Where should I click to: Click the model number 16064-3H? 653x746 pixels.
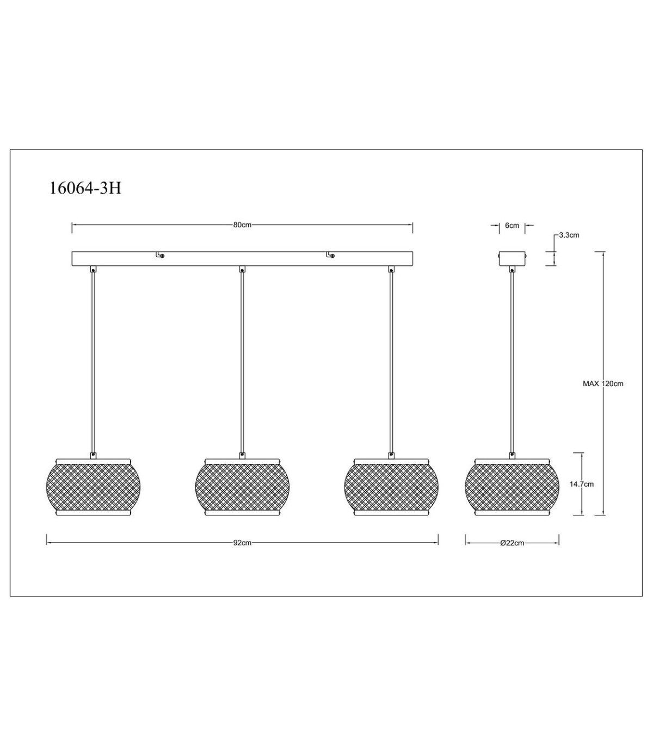[85, 189]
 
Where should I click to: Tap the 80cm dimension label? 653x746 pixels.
[242, 225]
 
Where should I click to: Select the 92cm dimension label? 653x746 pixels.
[242, 543]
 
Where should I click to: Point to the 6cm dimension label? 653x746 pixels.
[512, 225]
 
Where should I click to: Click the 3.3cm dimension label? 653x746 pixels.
[569, 235]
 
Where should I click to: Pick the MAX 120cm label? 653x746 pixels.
[603, 383]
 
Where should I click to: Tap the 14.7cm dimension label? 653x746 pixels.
[582, 484]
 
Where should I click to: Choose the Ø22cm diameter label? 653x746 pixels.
[512, 543]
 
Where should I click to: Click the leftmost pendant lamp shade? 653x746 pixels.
[94, 487]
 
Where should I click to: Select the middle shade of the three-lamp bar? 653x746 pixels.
[242, 487]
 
